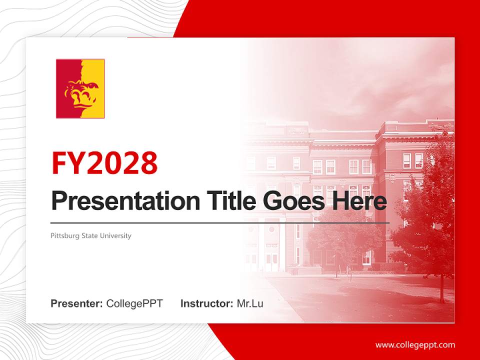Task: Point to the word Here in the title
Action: point(359,201)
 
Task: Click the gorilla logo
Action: point(80,88)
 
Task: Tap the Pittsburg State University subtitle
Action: point(90,235)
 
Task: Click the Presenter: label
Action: point(76,303)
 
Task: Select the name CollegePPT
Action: point(134,303)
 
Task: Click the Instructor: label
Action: point(206,303)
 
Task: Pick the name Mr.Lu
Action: point(249,303)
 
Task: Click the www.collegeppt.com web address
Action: point(415,345)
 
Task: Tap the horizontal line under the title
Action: point(220,223)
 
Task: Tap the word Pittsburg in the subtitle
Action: point(64,235)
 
